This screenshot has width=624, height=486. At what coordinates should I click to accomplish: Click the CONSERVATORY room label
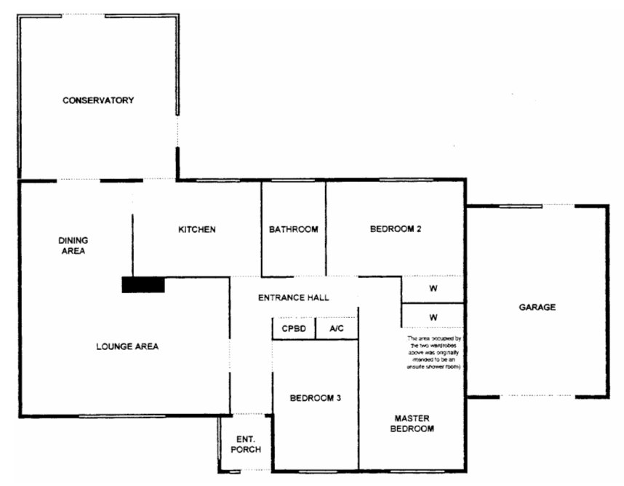[x=98, y=100]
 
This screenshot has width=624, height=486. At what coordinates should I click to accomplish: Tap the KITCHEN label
[x=197, y=230]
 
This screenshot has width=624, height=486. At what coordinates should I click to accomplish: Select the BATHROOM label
[x=294, y=230]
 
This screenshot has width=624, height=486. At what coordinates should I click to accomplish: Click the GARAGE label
[x=537, y=307]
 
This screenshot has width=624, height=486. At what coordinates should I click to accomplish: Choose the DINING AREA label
[x=73, y=246]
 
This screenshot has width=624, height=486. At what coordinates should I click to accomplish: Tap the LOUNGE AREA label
[x=127, y=346]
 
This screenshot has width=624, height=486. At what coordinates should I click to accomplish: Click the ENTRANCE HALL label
[x=294, y=298]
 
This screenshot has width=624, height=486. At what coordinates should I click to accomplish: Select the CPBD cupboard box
[x=294, y=329]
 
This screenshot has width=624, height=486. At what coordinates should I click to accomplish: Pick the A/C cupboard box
[x=336, y=329]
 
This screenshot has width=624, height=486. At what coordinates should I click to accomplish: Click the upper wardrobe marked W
[x=433, y=289]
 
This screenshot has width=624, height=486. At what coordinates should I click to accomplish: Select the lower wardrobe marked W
[x=433, y=317]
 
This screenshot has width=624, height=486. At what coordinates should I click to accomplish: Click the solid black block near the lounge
[x=143, y=285]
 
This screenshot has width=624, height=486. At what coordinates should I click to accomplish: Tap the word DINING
[x=73, y=241]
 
